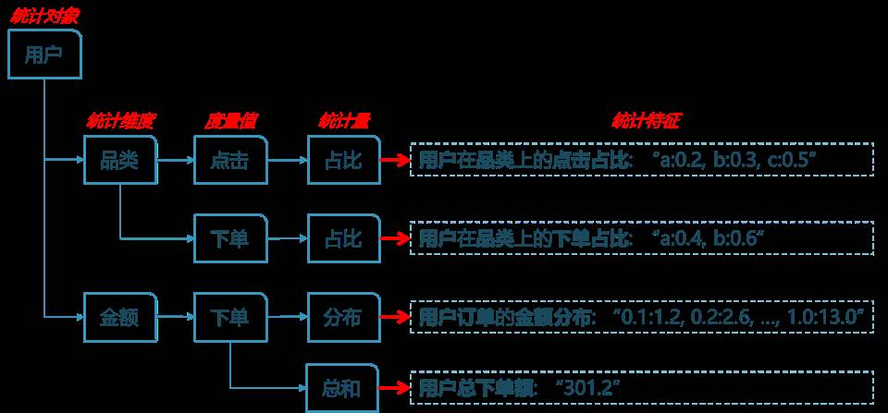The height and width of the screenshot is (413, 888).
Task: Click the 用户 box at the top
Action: pyautogui.click(x=44, y=55)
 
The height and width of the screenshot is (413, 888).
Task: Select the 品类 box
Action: pyautogui.click(x=119, y=160)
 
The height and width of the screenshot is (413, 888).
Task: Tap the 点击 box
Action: pyautogui.click(x=230, y=160)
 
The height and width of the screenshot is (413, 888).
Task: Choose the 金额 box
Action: pyautogui.click(x=119, y=317)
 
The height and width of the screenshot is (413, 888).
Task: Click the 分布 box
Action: pyautogui.click(x=342, y=317)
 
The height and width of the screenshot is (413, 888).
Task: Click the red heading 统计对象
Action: pyautogui.click(x=44, y=16)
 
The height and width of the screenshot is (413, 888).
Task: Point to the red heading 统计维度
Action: pyautogui.click(x=119, y=121)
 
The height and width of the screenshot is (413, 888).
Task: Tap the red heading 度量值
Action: pyautogui.click(x=230, y=121)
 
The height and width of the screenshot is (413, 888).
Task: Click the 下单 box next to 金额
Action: pyautogui.click(x=230, y=317)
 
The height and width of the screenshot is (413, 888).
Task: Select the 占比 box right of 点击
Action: pyautogui.click(x=342, y=160)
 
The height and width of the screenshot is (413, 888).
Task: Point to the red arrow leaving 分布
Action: pyautogui.click(x=394, y=317)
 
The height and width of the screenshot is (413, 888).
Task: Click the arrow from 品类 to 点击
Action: pyautogui.click(x=175, y=160)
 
